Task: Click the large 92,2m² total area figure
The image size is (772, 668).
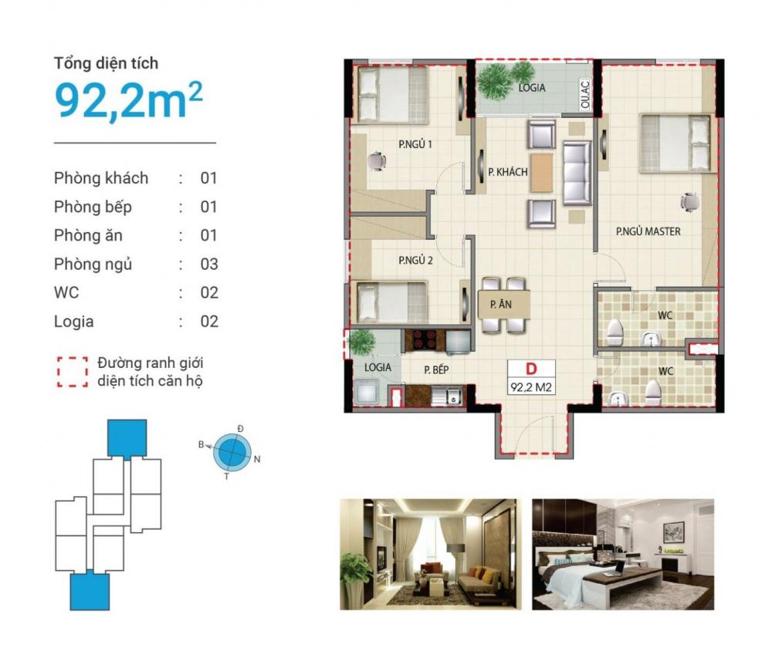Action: [128, 100]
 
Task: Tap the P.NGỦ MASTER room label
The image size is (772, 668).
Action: [648, 231]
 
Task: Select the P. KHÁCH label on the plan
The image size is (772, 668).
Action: [508, 172]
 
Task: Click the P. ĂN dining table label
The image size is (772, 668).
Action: [501, 305]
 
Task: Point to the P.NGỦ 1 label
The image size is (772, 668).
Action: [415, 144]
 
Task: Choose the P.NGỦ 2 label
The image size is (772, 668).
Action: [415, 260]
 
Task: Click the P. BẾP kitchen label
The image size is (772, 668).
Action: [436, 369]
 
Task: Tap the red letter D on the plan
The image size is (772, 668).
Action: [531, 369]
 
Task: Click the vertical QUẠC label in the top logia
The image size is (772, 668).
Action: [585, 94]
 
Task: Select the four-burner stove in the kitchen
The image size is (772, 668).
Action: [424, 340]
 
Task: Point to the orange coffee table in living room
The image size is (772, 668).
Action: [541, 173]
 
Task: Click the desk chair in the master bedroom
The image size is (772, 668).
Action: [689, 201]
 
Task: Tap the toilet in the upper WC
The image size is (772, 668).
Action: [615, 332]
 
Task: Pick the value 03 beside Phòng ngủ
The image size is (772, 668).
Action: [208, 264]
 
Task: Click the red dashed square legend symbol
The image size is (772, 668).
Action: [73, 372]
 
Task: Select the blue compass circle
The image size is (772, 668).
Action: [232, 451]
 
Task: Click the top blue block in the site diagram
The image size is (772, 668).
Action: [127, 438]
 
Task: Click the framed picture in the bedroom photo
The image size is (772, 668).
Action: [673, 532]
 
